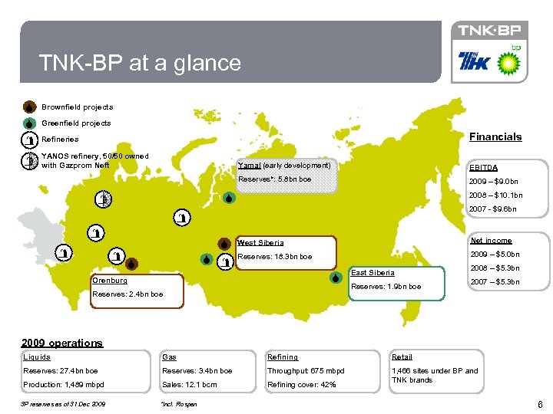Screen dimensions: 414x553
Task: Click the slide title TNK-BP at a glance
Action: point(141,63)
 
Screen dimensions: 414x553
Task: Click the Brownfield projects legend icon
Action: point(28,107)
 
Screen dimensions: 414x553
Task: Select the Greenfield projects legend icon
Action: point(28,123)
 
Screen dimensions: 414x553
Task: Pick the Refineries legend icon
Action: point(28,140)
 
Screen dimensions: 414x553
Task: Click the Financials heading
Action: point(495,137)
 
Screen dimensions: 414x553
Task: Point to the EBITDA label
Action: point(483,168)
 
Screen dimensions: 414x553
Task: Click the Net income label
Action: point(491,241)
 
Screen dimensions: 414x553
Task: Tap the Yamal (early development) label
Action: point(284,166)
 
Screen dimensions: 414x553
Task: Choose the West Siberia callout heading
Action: point(260,243)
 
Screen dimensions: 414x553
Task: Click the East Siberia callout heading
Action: point(372,273)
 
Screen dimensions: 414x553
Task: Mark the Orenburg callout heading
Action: point(109,281)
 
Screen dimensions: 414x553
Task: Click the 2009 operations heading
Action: point(61,343)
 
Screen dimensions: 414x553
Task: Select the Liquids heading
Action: point(37,357)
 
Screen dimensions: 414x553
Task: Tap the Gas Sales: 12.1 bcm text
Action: point(189,385)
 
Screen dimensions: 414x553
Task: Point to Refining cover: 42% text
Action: point(301,385)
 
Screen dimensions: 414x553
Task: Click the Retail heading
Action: point(402,357)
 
